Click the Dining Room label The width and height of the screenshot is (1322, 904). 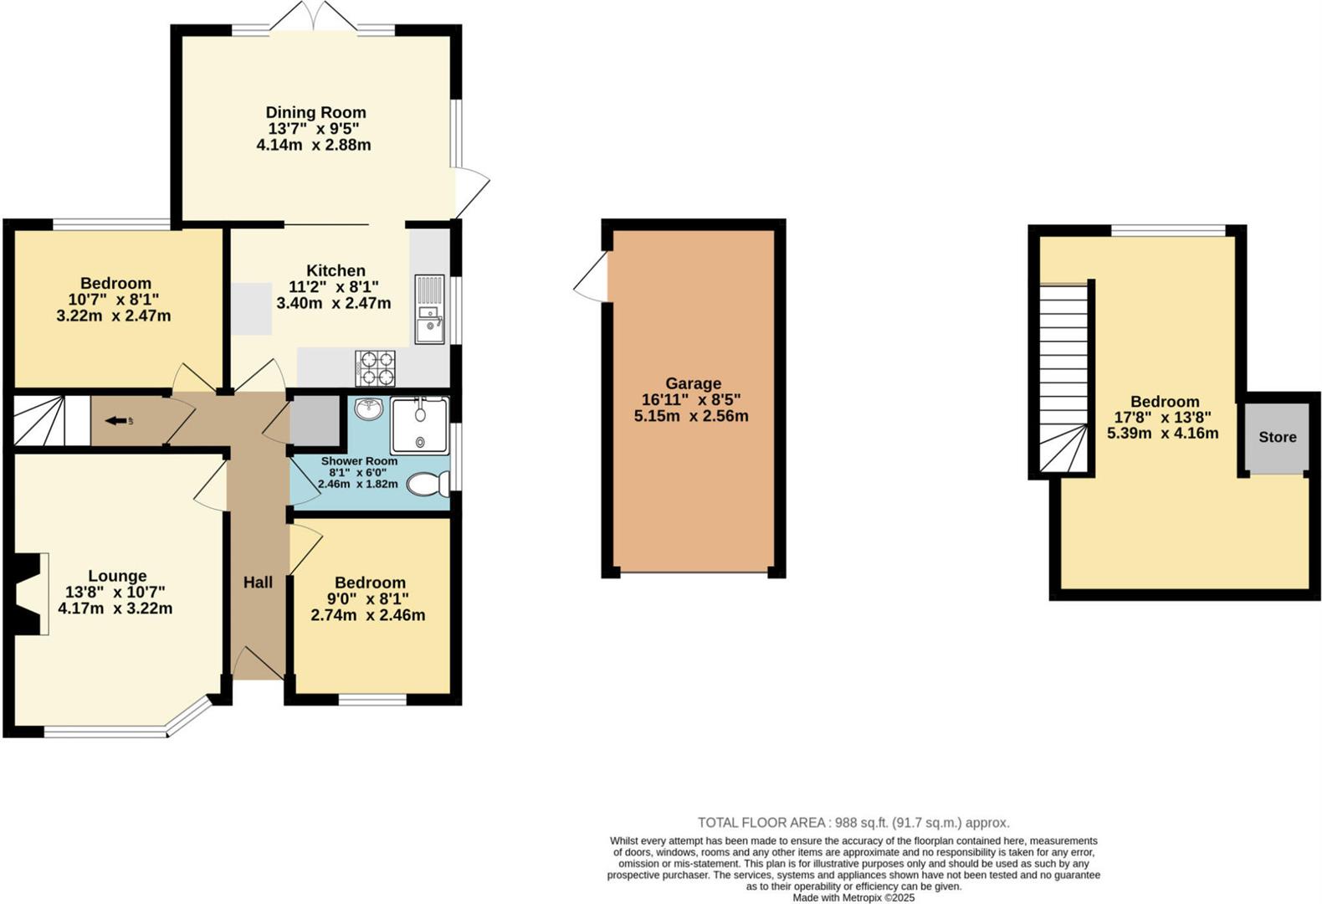tap(315, 112)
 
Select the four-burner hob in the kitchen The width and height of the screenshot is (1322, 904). tap(376, 367)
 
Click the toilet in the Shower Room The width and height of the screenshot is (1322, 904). tap(428, 484)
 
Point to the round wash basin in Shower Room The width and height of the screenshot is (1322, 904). tap(368, 409)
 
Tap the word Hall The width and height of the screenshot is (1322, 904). tap(258, 583)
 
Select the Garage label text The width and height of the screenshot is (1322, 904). tap(693, 383)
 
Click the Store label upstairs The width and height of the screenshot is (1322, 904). tap(1277, 437)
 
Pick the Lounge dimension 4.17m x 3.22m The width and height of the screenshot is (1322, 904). tap(115, 609)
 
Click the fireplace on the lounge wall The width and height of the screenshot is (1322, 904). tap(29, 594)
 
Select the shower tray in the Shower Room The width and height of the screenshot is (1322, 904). tap(419, 425)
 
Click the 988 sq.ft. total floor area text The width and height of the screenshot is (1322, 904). tap(853, 823)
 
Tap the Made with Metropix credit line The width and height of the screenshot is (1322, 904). tap(853, 897)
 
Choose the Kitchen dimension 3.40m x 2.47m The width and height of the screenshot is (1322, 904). tap(334, 303)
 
